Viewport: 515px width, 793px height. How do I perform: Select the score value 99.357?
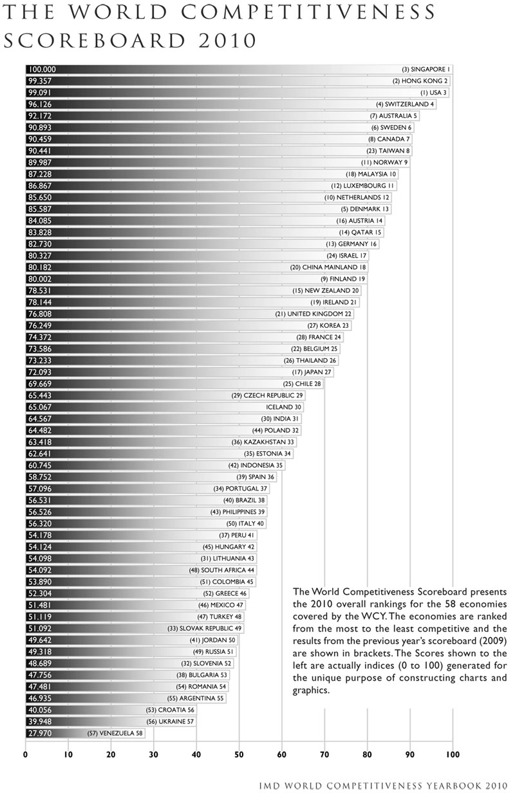pos(41,81)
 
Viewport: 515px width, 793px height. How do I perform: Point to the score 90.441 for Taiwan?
pos(41,151)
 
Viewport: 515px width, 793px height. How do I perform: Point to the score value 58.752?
pos(41,477)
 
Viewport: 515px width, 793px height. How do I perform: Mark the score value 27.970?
pos(41,733)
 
